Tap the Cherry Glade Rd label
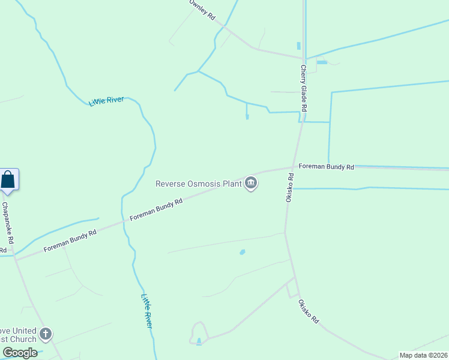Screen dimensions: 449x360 [x=304, y=88]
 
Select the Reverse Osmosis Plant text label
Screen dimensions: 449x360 [x=198, y=184]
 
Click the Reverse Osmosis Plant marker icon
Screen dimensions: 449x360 [x=251, y=184]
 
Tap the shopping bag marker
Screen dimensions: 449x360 [x=8, y=180]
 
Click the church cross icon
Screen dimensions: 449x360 [x=46, y=334]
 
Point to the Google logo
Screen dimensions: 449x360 [x=20, y=353]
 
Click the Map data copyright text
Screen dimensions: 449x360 [x=424, y=355]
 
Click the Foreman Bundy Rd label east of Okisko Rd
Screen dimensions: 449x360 [x=326, y=166]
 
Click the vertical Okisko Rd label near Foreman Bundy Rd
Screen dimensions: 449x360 [x=289, y=187]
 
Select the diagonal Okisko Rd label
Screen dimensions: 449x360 [x=307, y=312]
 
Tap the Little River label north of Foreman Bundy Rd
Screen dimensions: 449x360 [x=106, y=101]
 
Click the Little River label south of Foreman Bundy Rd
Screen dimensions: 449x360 [x=146, y=310]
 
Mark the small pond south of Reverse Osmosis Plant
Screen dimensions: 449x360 [x=243, y=253]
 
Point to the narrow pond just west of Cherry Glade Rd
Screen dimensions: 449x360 [x=298, y=46]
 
